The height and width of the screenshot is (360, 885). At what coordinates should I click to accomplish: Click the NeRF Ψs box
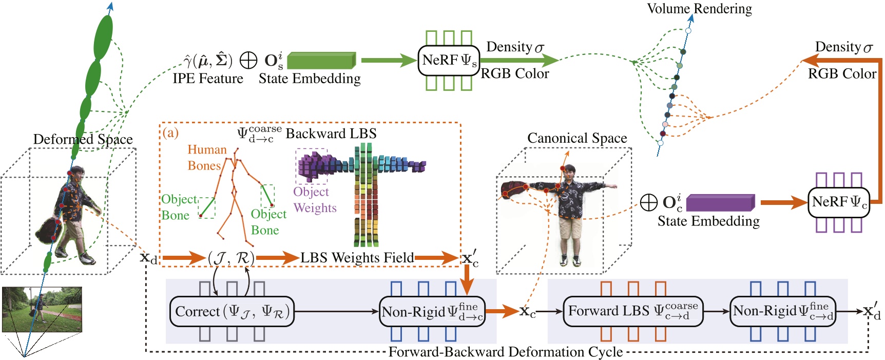click(449, 61)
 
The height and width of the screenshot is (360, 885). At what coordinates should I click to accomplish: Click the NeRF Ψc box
click(839, 202)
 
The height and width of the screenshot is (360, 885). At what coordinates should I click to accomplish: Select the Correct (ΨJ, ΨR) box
click(232, 311)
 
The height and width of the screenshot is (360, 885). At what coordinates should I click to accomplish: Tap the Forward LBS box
click(633, 311)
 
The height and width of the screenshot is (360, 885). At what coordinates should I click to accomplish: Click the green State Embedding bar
click(321, 61)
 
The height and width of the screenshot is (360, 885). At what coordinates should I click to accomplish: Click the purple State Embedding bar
click(720, 202)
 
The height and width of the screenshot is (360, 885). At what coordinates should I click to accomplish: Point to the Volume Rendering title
click(699, 9)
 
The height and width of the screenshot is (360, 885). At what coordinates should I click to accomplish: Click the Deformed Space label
click(83, 139)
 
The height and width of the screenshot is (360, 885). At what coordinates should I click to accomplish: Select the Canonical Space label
click(577, 138)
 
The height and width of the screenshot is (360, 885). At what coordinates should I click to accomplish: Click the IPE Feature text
click(208, 79)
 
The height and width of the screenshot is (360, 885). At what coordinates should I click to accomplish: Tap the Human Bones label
click(206, 157)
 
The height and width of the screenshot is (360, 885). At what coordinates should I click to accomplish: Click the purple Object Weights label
click(315, 200)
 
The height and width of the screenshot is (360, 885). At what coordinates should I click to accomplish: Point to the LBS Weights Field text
click(357, 257)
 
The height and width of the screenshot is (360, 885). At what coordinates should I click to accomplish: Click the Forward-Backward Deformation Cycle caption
click(505, 352)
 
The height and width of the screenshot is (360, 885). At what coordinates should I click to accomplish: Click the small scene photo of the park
click(42, 309)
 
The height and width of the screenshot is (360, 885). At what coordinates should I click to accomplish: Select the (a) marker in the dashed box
click(170, 132)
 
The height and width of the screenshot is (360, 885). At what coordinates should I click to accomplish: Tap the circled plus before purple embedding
click(649, 202)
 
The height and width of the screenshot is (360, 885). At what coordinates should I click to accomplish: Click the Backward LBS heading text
click(331, 134)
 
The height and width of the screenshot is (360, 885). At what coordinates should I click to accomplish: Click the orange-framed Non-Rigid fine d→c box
click(432, 311)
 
